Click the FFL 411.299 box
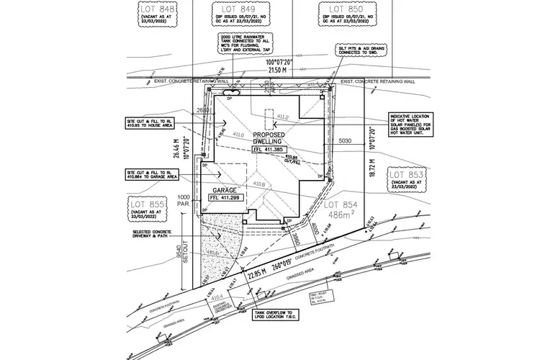[x=224, y=197]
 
